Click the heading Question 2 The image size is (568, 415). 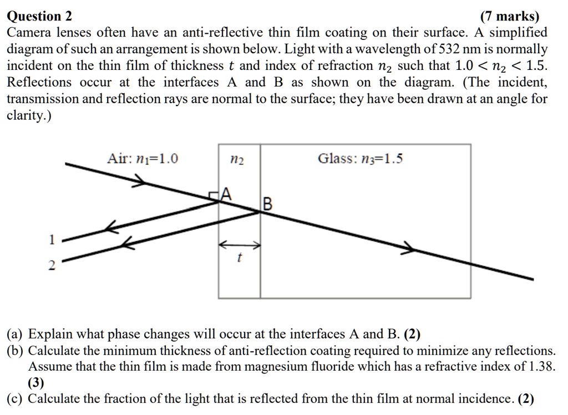(x=39, y=16)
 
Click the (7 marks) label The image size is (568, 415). (x=510, y=16)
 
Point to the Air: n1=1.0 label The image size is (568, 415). (x=143, y=159)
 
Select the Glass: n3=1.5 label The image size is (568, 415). (x=360, y=159)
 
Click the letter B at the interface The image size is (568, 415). (x=267, y=205)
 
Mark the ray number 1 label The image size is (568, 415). (x=52, y=240)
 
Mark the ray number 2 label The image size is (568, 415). (x=52, y=266)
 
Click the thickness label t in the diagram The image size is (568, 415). (x=239, y=257)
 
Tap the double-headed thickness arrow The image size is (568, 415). (x=240, y=244)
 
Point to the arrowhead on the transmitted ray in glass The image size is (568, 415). (x=409, y=248)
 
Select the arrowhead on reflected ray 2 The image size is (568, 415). (x=128, y=242)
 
